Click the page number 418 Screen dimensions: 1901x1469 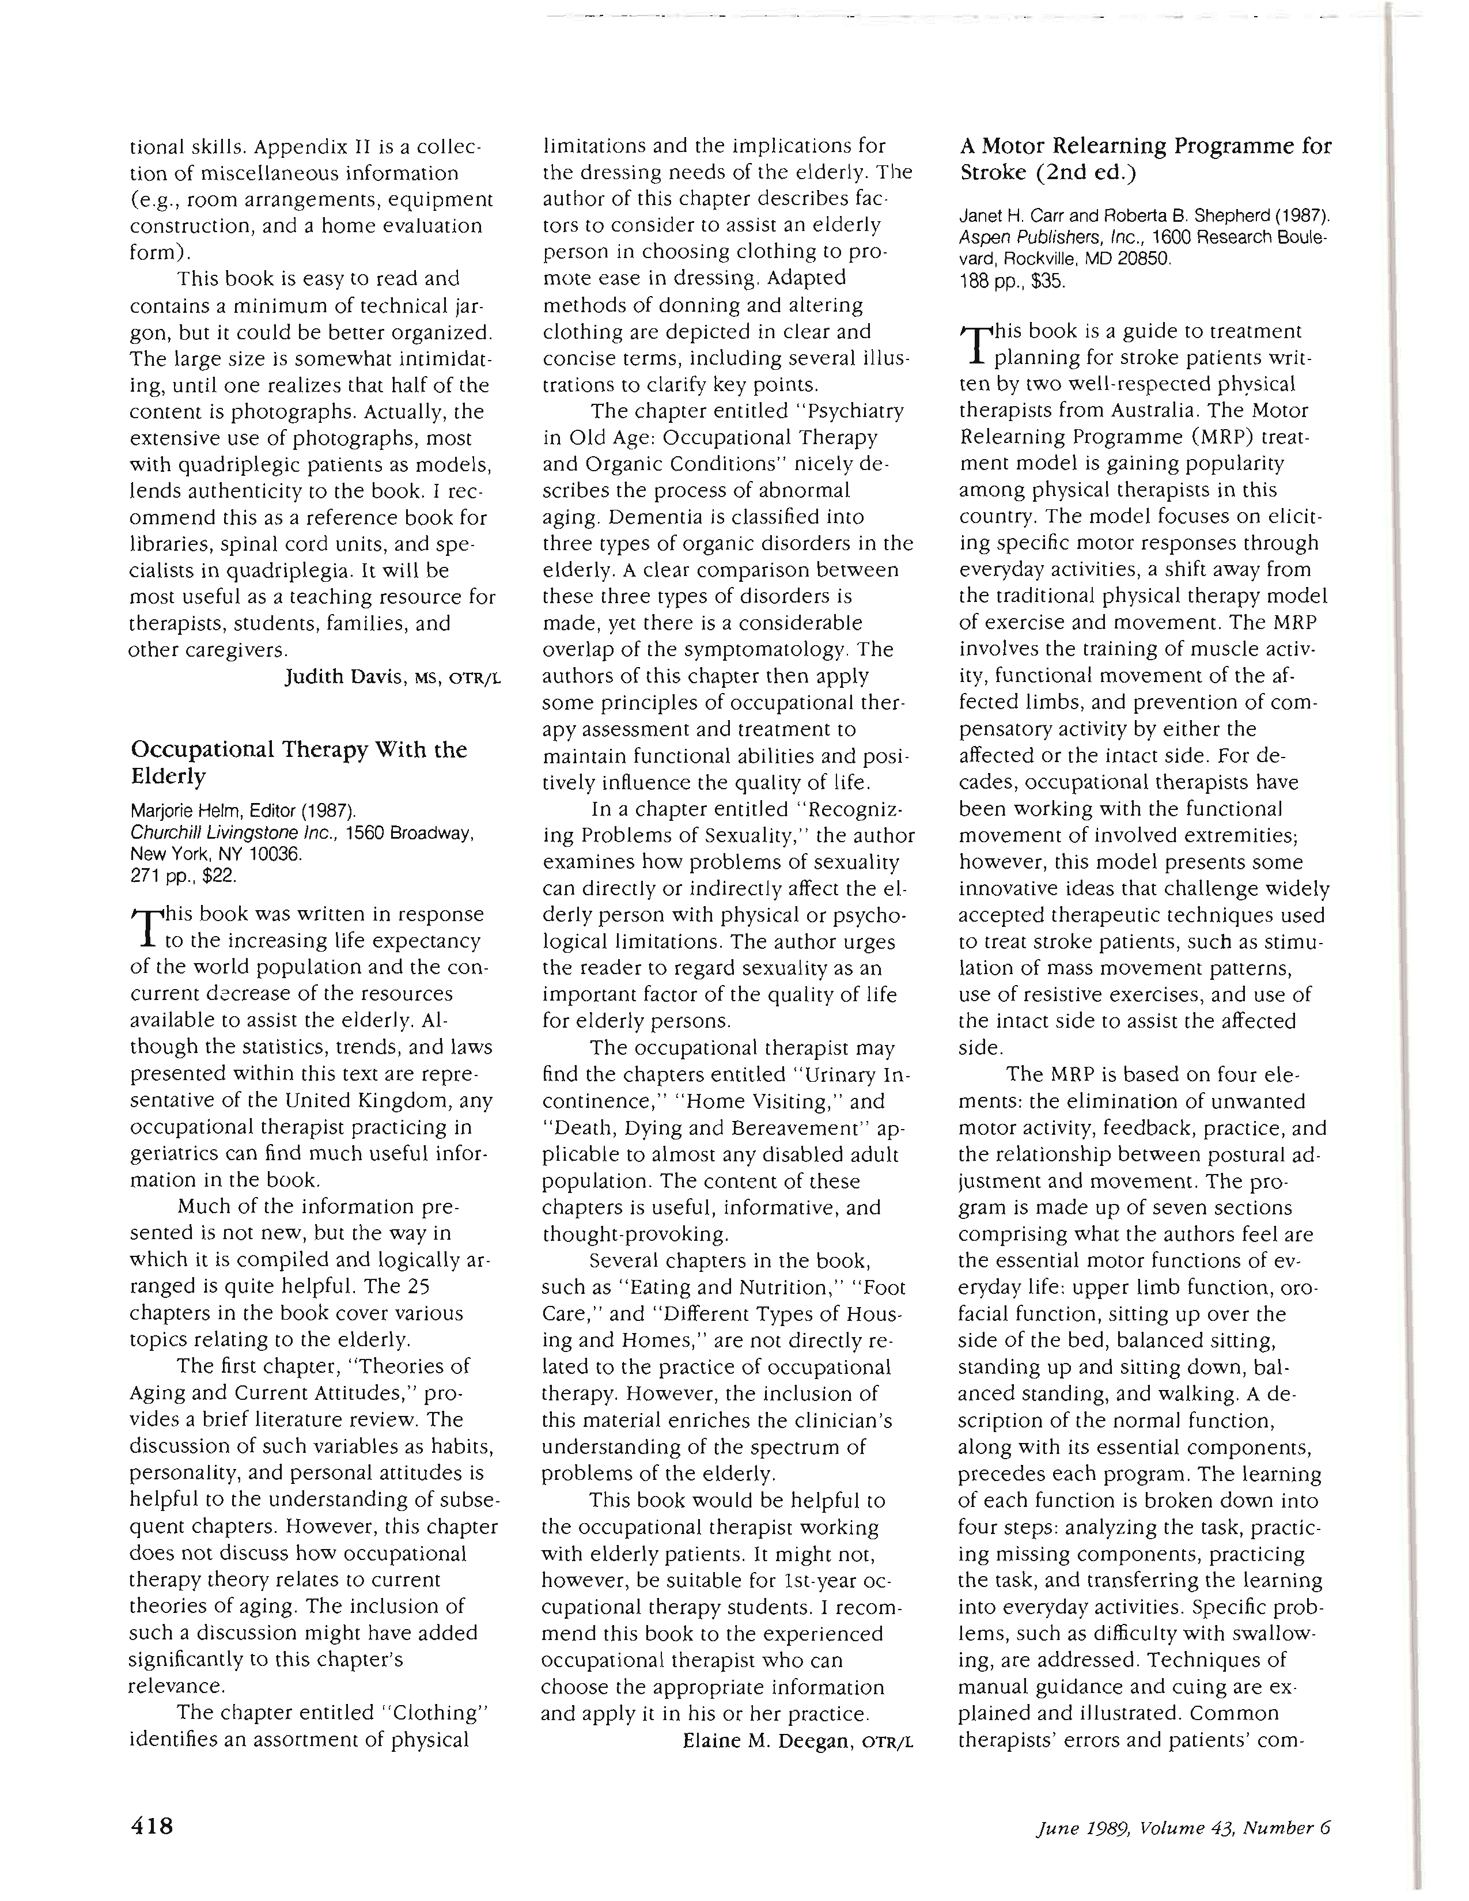(x=152, y=1824)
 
